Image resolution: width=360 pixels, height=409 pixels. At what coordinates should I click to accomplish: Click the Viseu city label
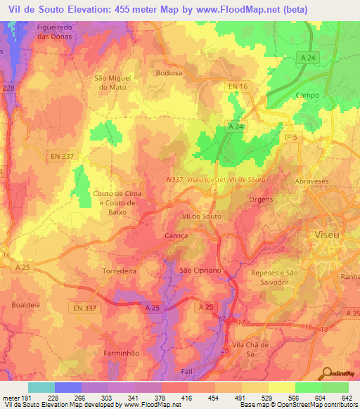[329, 233]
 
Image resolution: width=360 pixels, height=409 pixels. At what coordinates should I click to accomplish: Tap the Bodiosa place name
[169, 72]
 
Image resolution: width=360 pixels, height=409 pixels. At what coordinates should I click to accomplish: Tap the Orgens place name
[260, 200]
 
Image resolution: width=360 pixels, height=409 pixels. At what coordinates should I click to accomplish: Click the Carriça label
[176, 237]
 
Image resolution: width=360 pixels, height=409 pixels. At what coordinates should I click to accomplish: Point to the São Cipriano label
[196, 271]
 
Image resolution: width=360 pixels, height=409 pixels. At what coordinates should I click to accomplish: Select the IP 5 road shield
[291, 138]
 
